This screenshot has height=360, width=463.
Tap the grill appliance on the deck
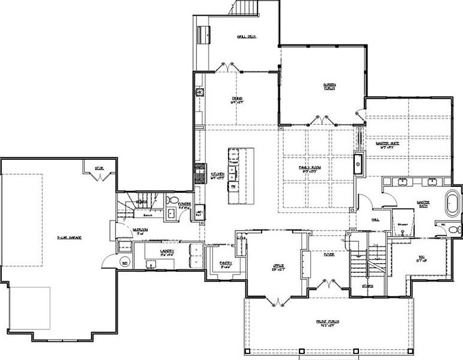[203, 33]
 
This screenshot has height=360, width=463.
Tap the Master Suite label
[387, 145]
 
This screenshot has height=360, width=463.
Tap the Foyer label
[328, 254]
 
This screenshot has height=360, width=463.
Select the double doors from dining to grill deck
[227, 66]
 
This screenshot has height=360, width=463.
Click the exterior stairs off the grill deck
[247, 8]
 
